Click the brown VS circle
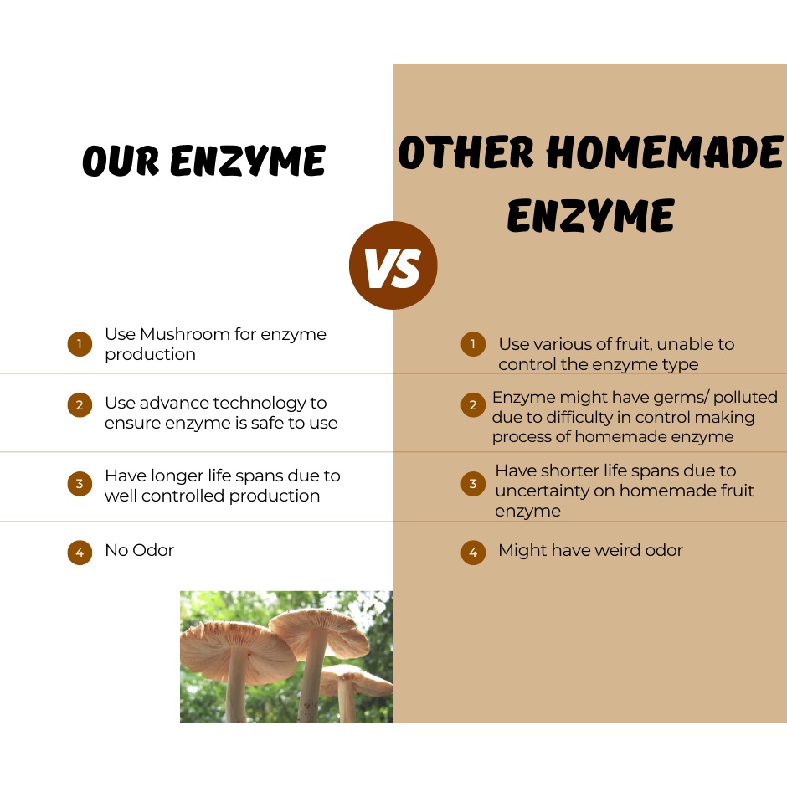click(x=393, y=265)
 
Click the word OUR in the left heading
click(x=121, y=161)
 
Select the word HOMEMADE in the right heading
click(x=665, y=152)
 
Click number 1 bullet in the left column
click(x=80, y=344)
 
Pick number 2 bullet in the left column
click(x=80, y=404)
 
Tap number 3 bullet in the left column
click(x=80, y=483)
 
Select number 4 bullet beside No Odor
click(x=80, y=552)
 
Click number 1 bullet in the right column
click(x=473, y=344)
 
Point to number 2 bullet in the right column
click(x=473, y=404)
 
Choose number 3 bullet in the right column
click(x=473, y=483)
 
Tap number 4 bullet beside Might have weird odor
click(x=473, y=552)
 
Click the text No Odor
click(x=140, y=550)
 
